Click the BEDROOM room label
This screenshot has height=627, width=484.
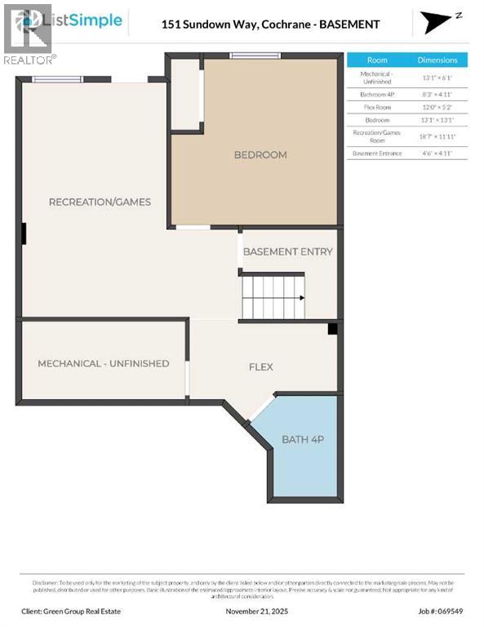[260, 155]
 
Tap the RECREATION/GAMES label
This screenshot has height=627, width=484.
[100, 202]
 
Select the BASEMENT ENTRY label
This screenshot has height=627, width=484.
[288, 251]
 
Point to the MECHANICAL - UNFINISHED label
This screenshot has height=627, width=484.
[104, 363]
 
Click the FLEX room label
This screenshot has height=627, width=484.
[261, 367]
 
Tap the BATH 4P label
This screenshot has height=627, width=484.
[303, 439]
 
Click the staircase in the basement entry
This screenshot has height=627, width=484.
[272, 296]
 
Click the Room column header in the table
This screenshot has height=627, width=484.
[377, 60]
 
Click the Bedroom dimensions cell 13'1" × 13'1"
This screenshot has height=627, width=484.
[437, 120]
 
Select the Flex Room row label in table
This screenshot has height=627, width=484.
[377, 107]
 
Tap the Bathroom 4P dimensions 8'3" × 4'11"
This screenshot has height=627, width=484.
[437, 95]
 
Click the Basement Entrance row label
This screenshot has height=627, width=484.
[377, 153]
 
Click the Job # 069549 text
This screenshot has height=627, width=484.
[443, 611]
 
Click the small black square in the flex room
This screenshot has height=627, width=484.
[332, 329]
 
